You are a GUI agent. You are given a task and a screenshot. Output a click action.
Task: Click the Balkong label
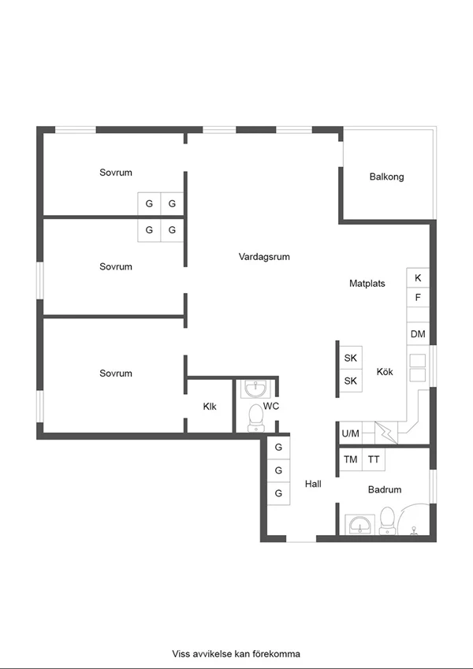coord(386,177)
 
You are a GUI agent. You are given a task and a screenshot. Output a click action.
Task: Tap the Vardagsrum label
coord(264,256)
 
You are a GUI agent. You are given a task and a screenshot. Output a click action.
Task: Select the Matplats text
coord(367,284)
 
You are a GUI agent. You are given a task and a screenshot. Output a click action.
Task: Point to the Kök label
coord(385,372)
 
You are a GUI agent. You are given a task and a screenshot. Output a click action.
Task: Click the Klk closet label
coord(210,407)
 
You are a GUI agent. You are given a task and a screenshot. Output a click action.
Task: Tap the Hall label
coord(313,484)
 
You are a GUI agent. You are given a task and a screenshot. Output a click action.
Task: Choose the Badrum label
coord(385,489)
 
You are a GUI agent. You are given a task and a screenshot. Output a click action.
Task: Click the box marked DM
coord(418,333)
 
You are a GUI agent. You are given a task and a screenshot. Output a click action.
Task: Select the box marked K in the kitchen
coord(418,277)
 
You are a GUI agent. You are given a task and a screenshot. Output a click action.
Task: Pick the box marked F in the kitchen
coord(418,297)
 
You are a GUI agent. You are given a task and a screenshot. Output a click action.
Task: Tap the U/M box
coord(351,433)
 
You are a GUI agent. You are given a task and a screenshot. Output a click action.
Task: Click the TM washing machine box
coord(351,459)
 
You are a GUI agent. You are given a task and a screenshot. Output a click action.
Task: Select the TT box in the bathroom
coord(374,459)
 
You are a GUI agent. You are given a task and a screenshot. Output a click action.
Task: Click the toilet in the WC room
coord(256,418)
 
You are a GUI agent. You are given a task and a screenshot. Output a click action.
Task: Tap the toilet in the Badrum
coord(388,521)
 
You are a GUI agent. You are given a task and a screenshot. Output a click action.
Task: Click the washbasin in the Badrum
coord(359,524)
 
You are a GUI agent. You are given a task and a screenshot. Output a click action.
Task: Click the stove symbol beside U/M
coord(386,433)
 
